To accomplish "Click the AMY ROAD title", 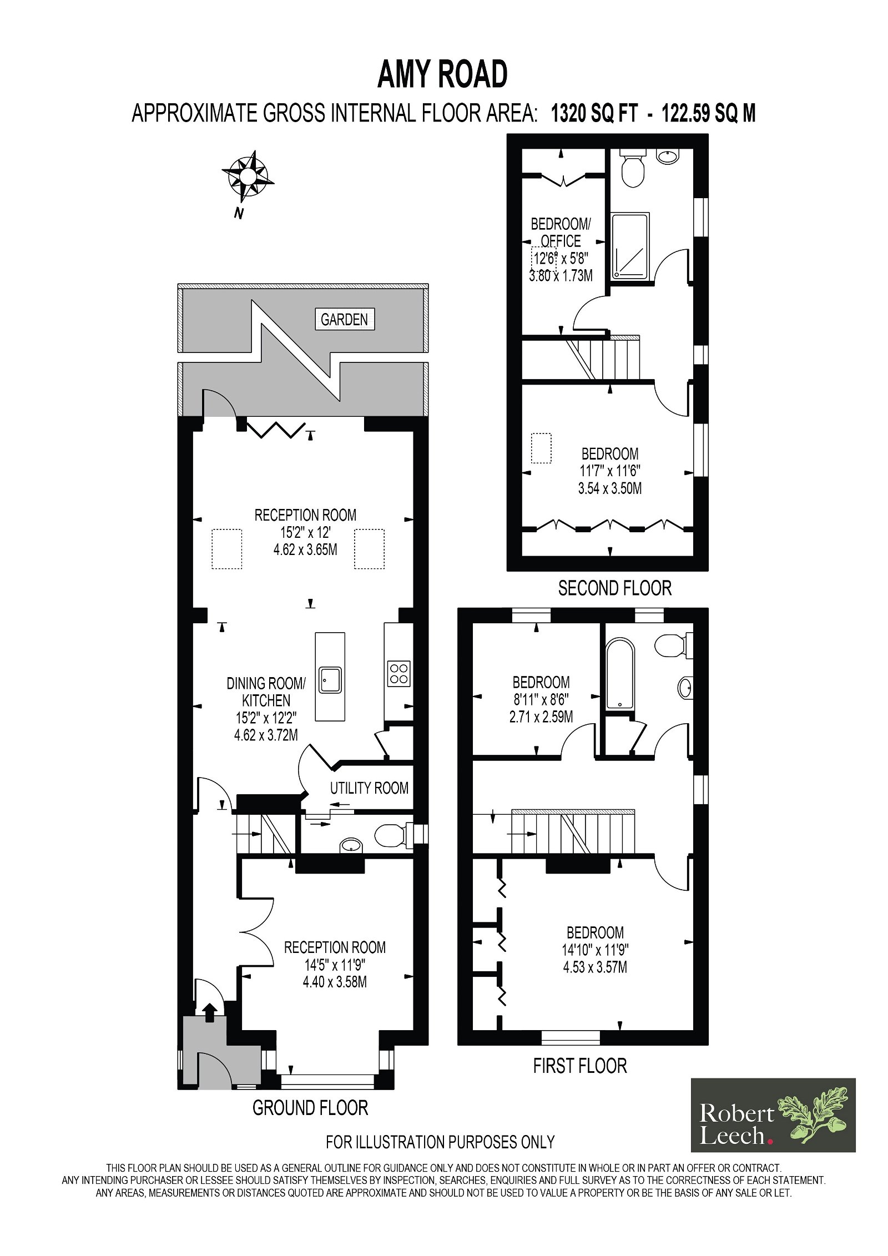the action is [x=442, y=74].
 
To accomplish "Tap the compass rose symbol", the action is [x=248, y=176].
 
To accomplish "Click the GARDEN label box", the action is [x=345, y=319].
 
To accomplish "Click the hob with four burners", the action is [x=399, y=673].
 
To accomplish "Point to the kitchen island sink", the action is [x=330, y=680].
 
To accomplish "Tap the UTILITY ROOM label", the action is [x=369, y=788].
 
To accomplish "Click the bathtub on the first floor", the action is [x=619, y=674].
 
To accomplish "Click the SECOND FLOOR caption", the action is [x=615, y=588].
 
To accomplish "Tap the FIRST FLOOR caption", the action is [x=580, y=1066].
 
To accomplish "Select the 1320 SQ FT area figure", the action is [x=594, y=113].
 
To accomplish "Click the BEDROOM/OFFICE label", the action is [x=561, y=233].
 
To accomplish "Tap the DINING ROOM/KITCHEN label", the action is [x=266, y=692].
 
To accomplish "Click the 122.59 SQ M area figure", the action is [x=709, y=113].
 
